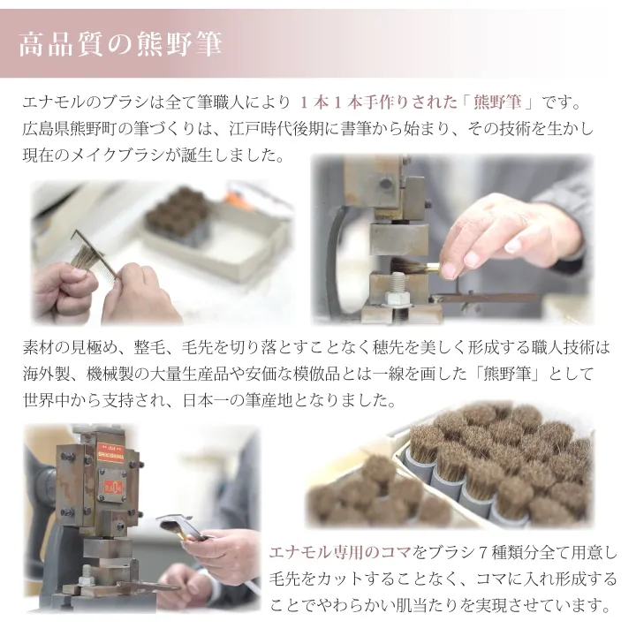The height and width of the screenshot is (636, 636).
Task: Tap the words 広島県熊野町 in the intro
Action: (x=74, y=129)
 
